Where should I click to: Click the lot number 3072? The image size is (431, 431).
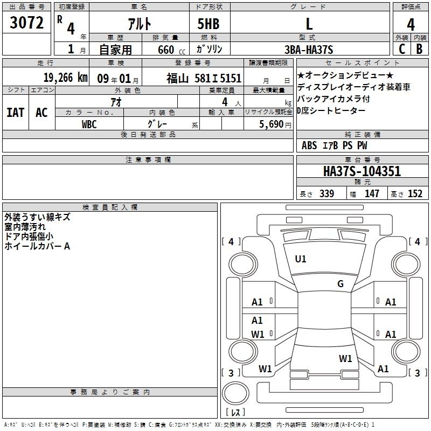coord(26,23)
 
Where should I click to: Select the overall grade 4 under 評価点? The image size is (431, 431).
coord(411,25)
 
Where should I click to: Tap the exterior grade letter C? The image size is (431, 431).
coord(402,49)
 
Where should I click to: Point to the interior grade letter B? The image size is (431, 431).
coord(419,49)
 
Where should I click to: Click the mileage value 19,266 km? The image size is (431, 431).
coord(66,78)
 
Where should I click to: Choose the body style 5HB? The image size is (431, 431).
coord(208,24)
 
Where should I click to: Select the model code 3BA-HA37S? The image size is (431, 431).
coord(309,50)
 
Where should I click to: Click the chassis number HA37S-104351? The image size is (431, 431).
coord(362,171)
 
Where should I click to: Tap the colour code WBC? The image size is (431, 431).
coord(89,124)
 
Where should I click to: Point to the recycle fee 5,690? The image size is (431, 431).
coord(272,124)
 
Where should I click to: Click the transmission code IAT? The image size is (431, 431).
coord(16,113)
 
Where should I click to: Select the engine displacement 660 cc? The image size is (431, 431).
coord(172,50)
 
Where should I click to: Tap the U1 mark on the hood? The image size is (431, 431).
coord(301,259)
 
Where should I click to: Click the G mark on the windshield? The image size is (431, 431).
coord(340,284)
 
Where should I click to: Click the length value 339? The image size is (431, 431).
coord(327,194)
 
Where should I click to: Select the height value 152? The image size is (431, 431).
coord(415,194)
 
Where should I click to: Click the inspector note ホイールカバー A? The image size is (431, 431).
coord(37,246)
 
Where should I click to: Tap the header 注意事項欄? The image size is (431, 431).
coord(148,159)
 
